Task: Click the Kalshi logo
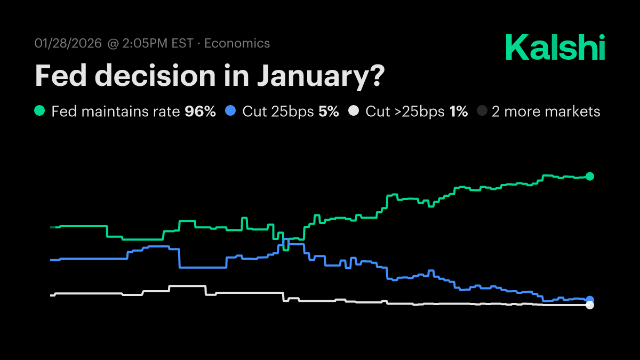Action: tap(555, 48)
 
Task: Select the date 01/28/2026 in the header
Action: tap(68, 43)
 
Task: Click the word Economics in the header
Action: tap(237, 43)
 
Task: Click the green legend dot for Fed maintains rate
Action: tap(39, 111)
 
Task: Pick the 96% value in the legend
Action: tap(200, 111)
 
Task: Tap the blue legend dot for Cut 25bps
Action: tap(230, 111)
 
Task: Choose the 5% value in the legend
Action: tap(329, 111)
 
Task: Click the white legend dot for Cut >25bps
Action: tap(353, 111)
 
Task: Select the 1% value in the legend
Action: tap(458, 111)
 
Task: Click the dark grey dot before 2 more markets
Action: tap(482, 111)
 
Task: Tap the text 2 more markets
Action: tap(546, 111)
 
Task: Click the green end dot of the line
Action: tap(589, 177)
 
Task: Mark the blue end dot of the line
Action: tap(590, 300)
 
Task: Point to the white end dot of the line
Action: tap(589, 305)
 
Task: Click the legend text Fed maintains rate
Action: tap(116, 111)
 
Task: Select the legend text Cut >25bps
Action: tap(405, 111)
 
